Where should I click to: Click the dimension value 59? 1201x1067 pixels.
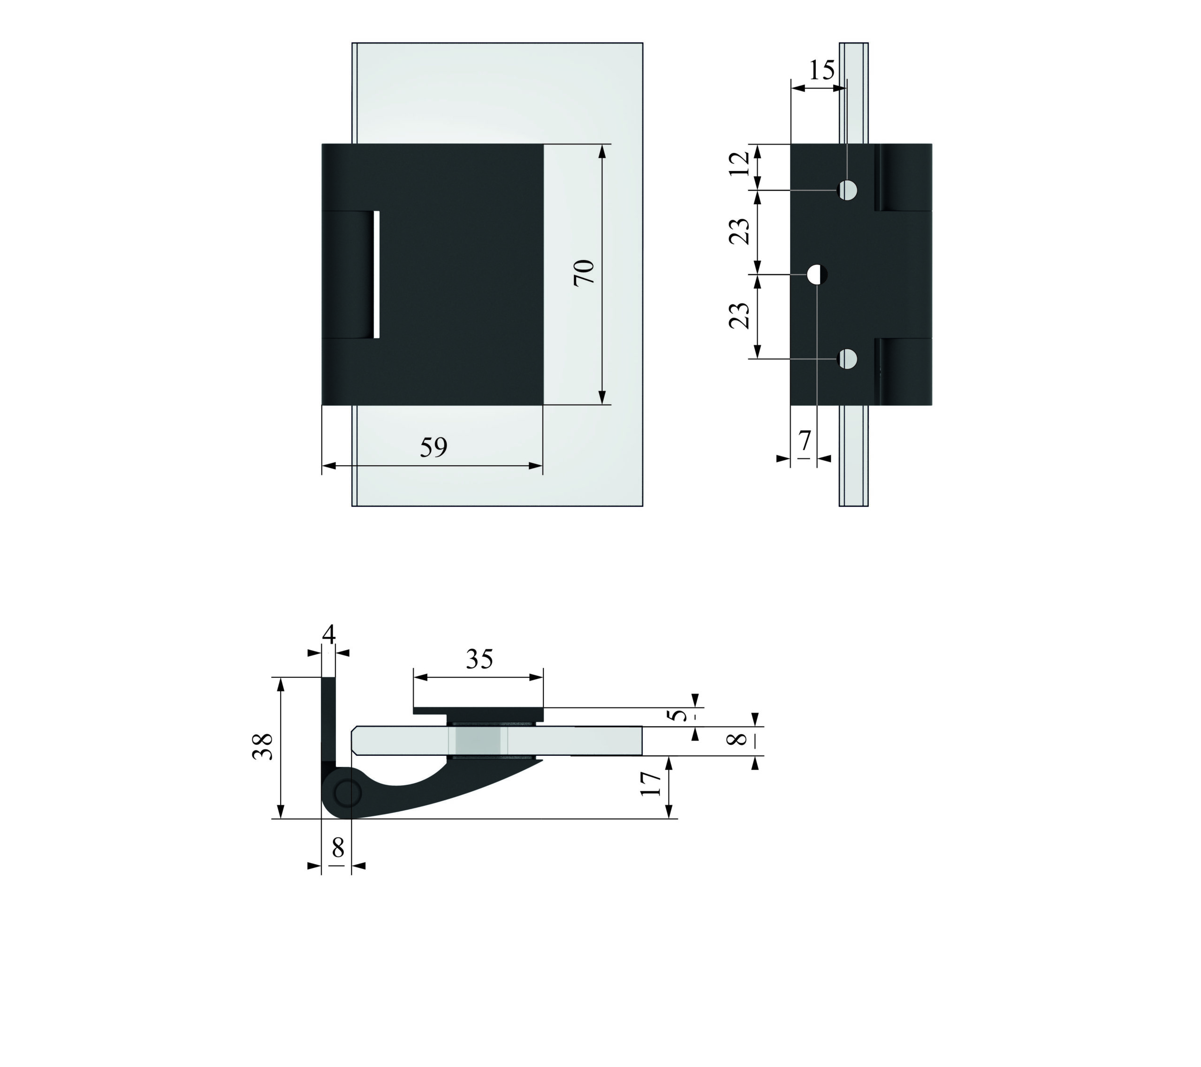pos(433,448)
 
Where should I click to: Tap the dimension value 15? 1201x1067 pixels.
pos(821,70)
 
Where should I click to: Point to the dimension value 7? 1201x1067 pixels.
pos(805,440)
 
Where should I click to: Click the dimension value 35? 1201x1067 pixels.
pos(479,660)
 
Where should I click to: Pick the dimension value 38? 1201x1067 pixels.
pos(263,747)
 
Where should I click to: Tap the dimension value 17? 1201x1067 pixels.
pos(650,783)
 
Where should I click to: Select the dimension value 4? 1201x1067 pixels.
pos(329,635)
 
